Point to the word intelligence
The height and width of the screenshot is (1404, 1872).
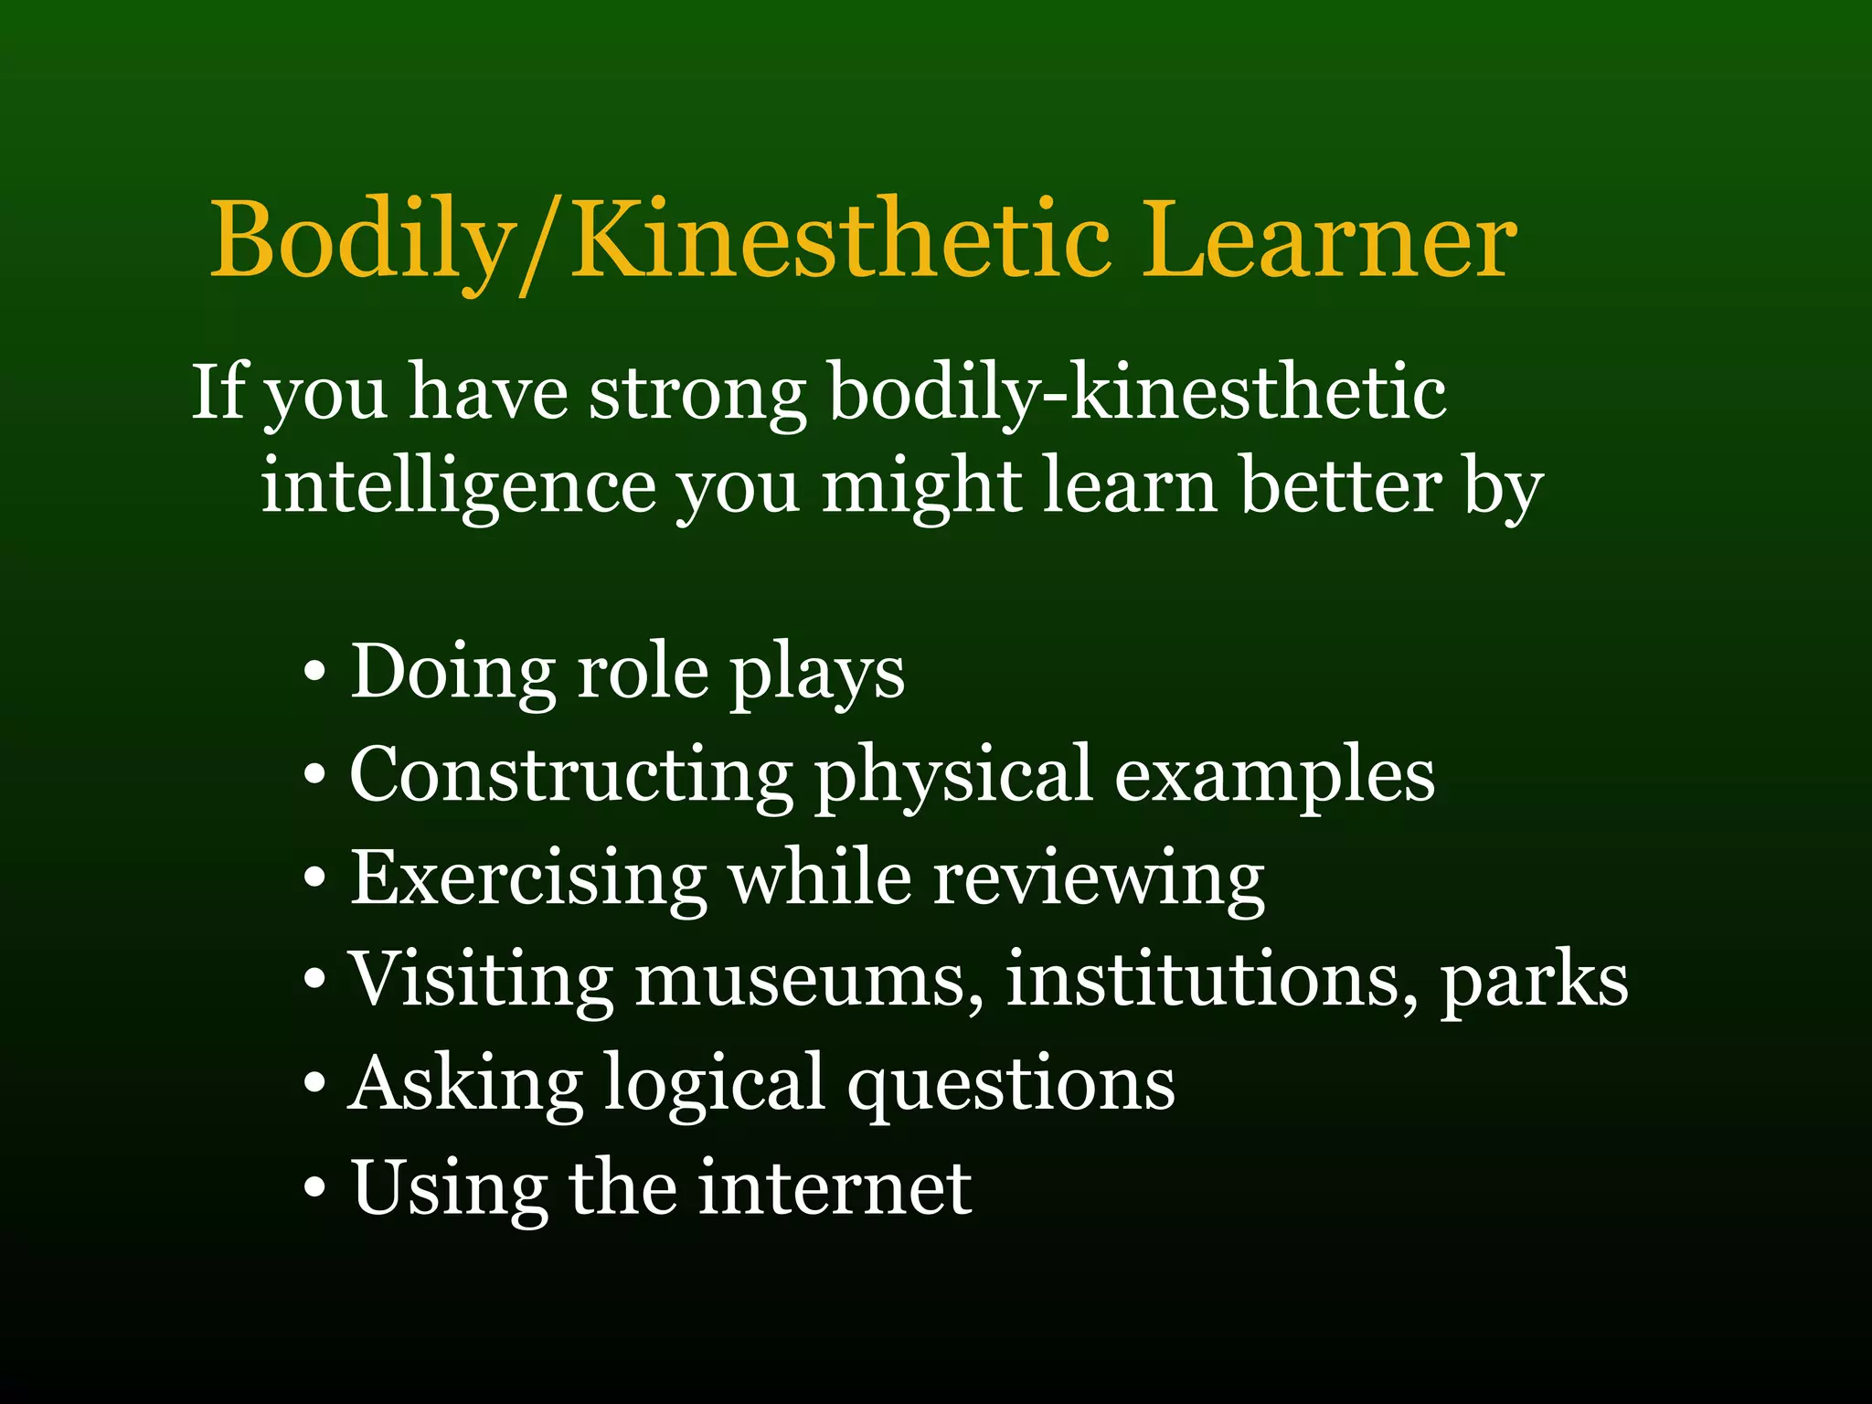pos(458,488)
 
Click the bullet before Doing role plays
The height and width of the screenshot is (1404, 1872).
pos(314,675)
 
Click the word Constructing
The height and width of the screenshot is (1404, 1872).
pos(571,776)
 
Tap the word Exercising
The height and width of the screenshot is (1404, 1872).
pos(528,878)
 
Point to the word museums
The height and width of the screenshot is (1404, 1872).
pos(810,981)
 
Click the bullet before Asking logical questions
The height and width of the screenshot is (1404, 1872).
pos(314,1084)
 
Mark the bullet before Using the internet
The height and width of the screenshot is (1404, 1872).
pos(314,1188)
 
